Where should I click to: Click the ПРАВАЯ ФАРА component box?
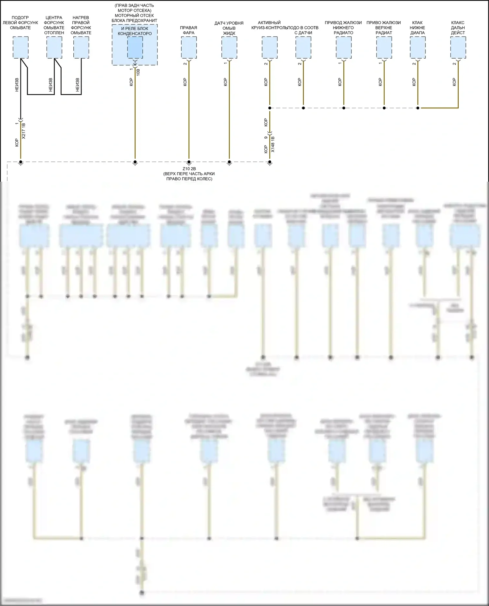189,48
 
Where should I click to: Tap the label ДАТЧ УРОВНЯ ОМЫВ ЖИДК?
229,28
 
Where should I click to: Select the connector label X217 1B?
23,131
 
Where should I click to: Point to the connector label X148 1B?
273,144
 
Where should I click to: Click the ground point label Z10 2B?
189,169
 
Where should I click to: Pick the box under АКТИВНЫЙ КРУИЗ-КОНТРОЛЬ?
270,48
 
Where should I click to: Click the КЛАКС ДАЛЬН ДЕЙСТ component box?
458,48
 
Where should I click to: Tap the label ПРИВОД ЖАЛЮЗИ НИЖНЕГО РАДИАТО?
343,28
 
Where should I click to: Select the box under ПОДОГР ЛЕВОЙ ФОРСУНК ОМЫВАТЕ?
21,48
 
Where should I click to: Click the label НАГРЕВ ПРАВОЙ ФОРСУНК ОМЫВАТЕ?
81,25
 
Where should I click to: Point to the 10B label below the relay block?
138,72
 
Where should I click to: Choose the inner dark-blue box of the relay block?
135,48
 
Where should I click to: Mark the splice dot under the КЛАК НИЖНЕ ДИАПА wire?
418,108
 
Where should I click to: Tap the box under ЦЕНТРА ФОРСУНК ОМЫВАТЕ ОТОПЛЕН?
54,48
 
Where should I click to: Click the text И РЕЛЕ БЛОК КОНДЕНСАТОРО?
135,31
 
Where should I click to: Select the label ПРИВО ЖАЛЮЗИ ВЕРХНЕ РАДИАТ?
384,28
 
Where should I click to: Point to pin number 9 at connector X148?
266,137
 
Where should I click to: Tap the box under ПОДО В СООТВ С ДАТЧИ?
303,48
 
